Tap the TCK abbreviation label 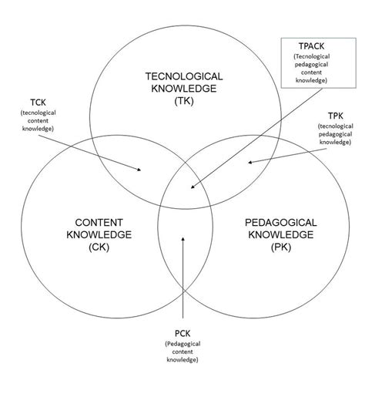pyautogui.click(x=38, y=103)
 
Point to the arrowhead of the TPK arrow pyautogui.click(x=249, y=162)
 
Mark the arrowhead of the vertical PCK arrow pyautogui.click(x=182, y=239)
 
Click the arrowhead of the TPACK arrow pyautogui.click(x=192, y=187)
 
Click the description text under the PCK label pyautogui.click(x=182, y=352)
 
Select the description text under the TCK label pyautogui.click(x=38, y=121)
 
